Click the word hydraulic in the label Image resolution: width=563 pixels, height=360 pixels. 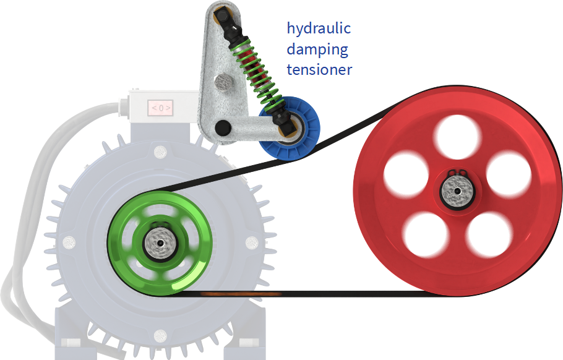[319, 28]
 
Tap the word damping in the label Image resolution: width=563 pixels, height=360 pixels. [317, 49]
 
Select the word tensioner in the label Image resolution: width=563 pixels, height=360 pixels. [319, 69]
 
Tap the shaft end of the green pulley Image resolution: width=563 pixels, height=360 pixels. [160, 243]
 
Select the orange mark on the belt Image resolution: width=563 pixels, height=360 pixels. [241, 294]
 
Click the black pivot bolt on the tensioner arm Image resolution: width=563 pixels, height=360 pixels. [223, 127]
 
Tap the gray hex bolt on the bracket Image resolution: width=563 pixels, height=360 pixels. [224, 82]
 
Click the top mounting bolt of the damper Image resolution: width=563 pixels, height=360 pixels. [222, 14]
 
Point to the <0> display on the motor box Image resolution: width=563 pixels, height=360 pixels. [160, 108]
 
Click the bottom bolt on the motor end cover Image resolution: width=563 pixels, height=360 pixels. [160, 336]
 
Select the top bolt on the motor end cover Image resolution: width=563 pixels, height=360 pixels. [160, 152]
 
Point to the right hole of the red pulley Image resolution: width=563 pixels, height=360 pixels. [509, 174]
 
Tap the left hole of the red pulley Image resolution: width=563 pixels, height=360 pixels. [406, 174]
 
